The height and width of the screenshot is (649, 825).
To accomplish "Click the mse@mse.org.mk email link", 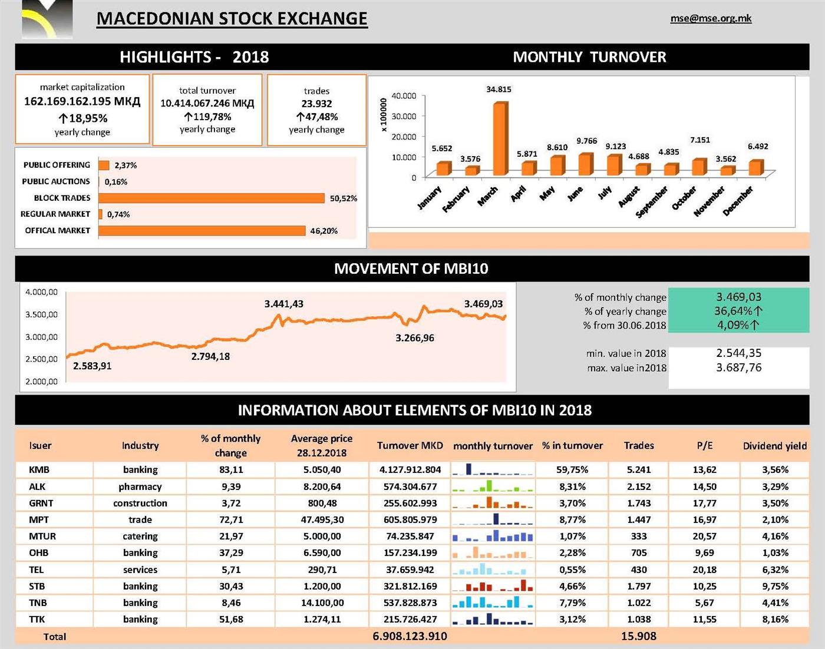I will [711, 18].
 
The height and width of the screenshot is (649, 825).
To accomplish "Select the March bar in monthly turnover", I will [499, 139].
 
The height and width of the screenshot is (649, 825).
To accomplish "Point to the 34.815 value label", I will [499, 90].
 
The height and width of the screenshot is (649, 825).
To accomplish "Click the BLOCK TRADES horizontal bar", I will [211, 198].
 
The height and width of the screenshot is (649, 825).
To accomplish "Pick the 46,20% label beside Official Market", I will [324, 231].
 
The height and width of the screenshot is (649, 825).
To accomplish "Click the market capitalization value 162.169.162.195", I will [82, 101].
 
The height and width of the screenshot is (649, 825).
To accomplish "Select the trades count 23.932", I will [316, 104].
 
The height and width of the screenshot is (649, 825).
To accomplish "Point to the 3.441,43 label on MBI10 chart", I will [283, 304].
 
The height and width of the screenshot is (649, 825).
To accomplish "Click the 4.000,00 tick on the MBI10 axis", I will [41, 292].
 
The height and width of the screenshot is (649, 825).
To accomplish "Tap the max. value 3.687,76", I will [738, 367].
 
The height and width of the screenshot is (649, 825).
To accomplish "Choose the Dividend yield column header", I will [774, 446].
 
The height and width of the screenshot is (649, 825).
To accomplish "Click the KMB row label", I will [39, 470].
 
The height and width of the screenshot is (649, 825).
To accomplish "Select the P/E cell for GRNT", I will [704, 503].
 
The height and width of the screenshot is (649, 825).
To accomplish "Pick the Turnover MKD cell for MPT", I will [410, 519].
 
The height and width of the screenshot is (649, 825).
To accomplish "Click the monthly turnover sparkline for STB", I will [493, 586].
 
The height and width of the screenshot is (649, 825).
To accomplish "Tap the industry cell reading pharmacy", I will [140, 486].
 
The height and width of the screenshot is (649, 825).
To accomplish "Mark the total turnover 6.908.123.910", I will [410, 636].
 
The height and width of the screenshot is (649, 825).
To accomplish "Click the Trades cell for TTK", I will [639, 619].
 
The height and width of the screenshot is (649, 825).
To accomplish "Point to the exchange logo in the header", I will [47, 19].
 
